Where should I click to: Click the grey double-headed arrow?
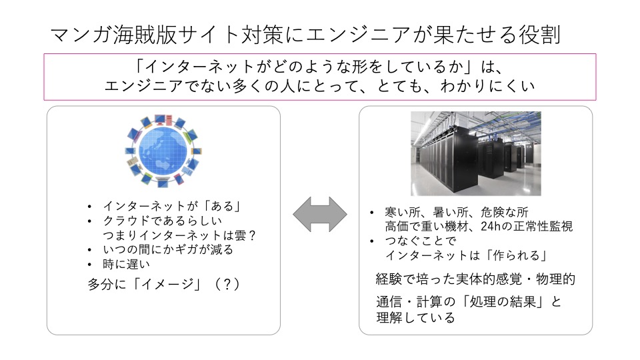point(320,215)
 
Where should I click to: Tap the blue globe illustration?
point(163,151)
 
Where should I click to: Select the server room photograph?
point(475,153)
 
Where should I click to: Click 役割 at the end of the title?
point(539,34)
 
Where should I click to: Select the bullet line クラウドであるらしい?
point(163,221)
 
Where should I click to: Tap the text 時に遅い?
point(127,264)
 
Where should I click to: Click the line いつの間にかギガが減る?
point(168,249)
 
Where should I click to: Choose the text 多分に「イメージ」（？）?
point(164,284)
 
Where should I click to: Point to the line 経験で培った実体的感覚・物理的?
point(475,279)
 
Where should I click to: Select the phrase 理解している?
point(415,317)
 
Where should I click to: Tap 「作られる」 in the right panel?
point(516,255)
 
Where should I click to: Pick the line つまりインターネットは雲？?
point(179,235)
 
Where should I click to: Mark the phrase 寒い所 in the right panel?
point(403,212)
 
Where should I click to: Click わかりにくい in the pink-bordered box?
point(487,86)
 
